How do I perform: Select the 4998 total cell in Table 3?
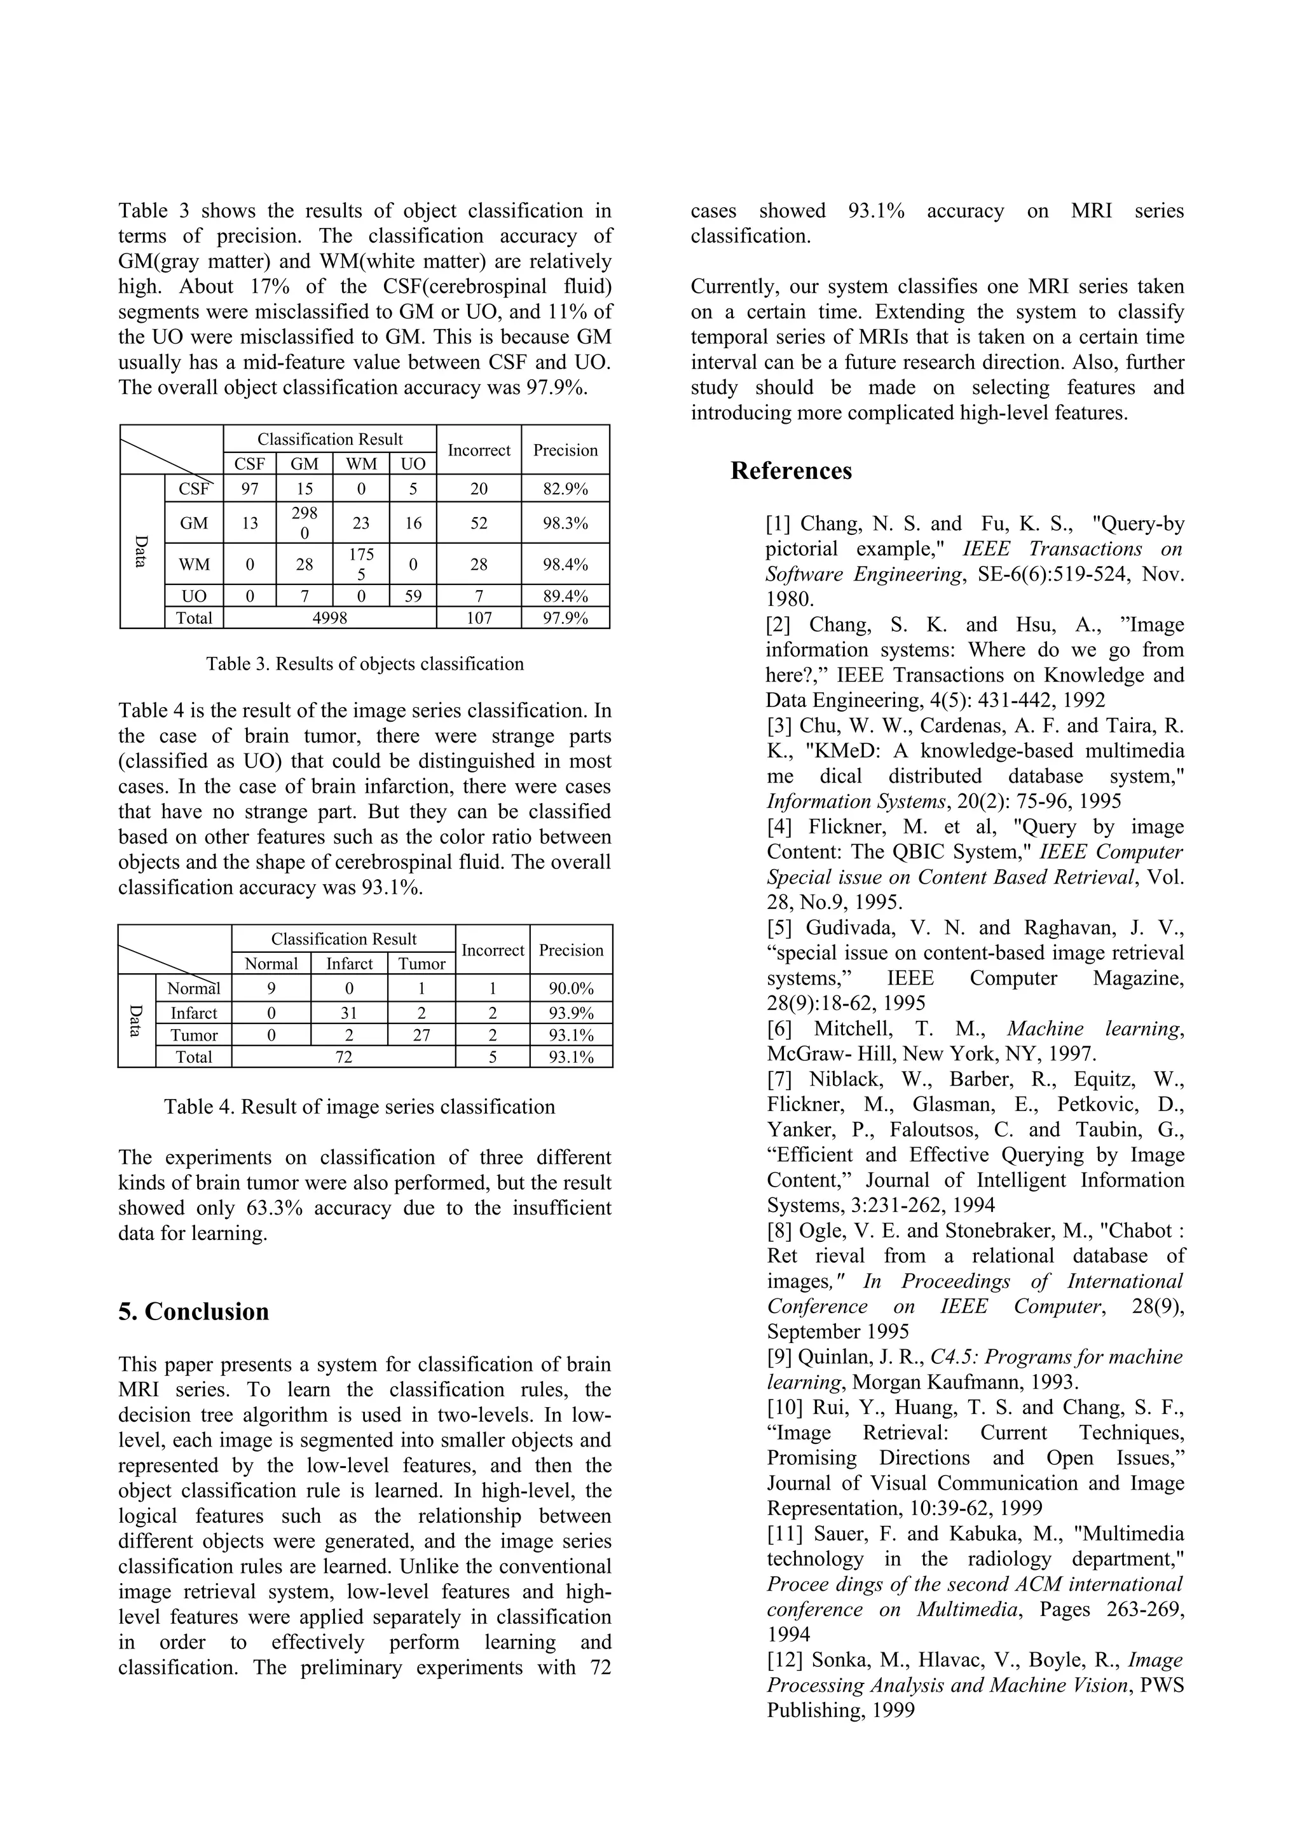click(x=330, y=617)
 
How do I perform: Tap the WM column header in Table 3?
click(x=361, y=464)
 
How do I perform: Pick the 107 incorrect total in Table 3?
click(x=478, y=617)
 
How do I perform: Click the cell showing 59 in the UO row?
click(x=413, y=596)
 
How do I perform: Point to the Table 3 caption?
click(x=365, y=664)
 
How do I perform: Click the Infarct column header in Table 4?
click(x=349, y=964)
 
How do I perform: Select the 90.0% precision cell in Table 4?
click(x=570, y=988)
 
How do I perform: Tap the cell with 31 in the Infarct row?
click(x=349, y=1013)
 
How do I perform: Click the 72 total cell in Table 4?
click(x=343, y=1057)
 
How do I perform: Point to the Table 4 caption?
click(x=359, y=1107)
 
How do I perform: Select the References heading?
click(x=790, y=471)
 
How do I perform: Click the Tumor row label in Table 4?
click(x=193, y=1035)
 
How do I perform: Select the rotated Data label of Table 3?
click(x=141, y=551)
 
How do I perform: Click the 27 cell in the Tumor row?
click(x=421, y=1035)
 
